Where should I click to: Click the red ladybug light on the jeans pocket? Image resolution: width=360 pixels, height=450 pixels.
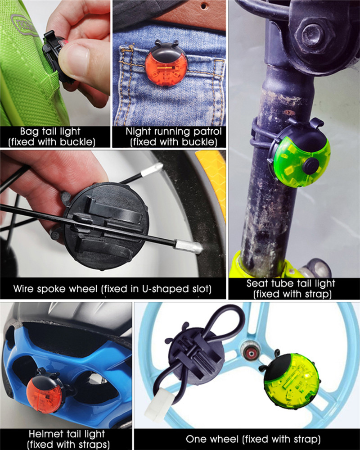click(x=163, y=64)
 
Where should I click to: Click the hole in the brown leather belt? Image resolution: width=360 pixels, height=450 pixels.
click(x=204, y=5)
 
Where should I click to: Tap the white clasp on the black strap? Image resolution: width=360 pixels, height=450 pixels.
click(x=158, y=405)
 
